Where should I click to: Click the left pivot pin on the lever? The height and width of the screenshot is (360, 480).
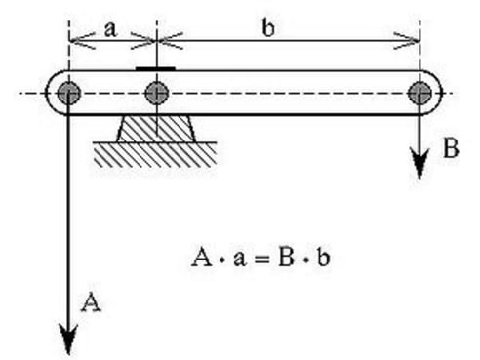69,94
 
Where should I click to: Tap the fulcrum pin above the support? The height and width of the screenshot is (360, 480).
156,94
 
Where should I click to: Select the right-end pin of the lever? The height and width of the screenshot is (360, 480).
420,94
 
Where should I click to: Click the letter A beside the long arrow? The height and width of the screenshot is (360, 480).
90,303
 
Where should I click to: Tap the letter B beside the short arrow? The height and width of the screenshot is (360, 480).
449,149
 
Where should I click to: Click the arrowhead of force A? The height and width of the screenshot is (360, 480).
69,341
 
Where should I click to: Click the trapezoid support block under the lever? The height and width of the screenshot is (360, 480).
156,127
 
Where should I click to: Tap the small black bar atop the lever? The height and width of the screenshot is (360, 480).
156,69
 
